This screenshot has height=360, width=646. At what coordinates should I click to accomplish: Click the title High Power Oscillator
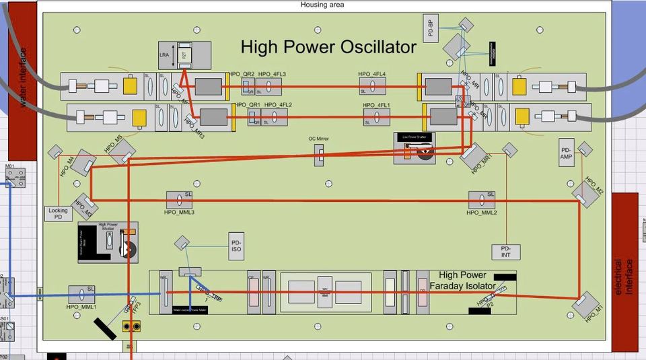pyautogui.click(x=328, y=47)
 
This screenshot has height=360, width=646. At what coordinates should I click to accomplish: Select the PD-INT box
pyautogui.click(x=506, y=252)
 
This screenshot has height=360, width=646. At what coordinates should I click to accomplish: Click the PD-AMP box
pyautogui.click(x=565, y=153)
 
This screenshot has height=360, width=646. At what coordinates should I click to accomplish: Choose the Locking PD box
pyautogui.click(x=59, y=214)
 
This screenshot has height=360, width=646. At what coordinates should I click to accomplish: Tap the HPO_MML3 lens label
pyautogui.click(x=179, y=213)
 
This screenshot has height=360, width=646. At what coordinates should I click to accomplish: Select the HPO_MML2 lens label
pyautogui.click(x=482, y=213)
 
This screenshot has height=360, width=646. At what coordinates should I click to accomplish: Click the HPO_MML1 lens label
pyautogui.click(x=82, y=307)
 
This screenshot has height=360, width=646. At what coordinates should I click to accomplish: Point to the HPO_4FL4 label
pyautogui.click(x=372, y=74)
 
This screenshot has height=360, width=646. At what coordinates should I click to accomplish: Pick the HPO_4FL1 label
pyautogui.click(x=377, y=106)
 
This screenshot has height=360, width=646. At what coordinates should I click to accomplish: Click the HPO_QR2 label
pyautogui.click(x=242, y=74)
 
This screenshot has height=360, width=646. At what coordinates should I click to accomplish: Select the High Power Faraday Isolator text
pyautogui.click(x=466, y=281)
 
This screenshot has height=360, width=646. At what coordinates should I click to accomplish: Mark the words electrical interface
pyautogui.click(x=625, y=277)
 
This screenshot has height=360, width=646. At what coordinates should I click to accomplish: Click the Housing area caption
pyautogui.click(x=322, y=5)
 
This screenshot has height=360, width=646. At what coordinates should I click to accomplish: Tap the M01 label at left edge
pyautogui.click(x=10, y=166)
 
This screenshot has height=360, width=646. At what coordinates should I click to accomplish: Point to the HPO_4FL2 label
pyautogui.click(x=278, y=105)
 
